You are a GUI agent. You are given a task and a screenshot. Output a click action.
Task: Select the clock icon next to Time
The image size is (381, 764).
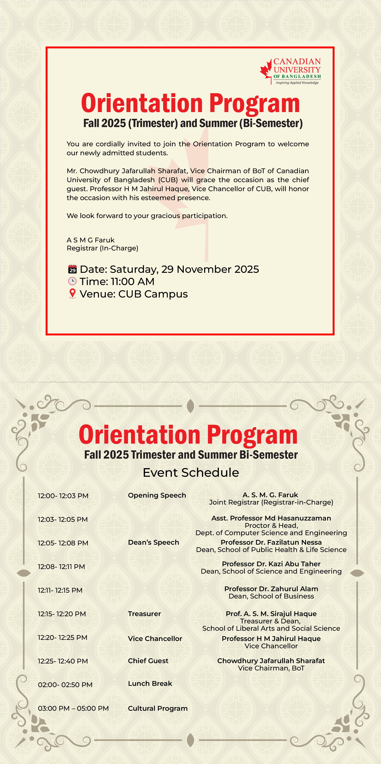(72, 281)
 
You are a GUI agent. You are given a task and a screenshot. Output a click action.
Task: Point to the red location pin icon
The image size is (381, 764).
(72, 294)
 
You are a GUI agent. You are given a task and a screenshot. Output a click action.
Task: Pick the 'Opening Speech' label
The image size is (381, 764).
(157, 495)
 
